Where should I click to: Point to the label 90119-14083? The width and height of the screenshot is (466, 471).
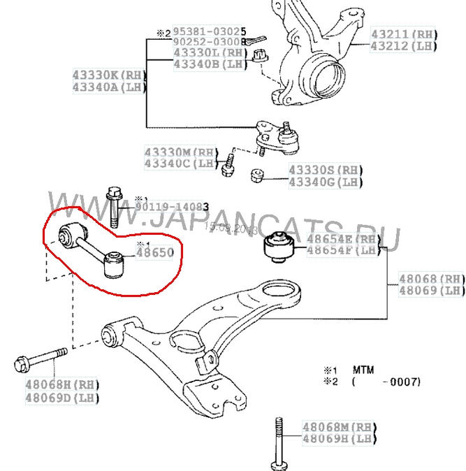(172, 208)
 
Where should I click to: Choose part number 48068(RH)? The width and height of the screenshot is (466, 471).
(432, 278)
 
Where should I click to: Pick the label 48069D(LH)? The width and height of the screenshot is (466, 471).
(62, 398)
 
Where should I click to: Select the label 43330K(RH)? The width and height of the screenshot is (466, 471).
(108, 75)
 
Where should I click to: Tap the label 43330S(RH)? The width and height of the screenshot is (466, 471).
(326, 170)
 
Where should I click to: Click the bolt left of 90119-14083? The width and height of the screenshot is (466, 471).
(113, 207)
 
